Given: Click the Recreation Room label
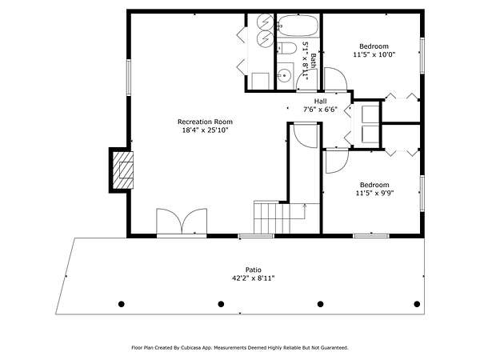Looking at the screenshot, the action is [205, 122].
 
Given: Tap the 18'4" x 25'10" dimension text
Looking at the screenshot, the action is [205, 130].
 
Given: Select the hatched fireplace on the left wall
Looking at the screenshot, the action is [123, 170].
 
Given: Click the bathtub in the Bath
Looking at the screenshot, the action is [298, 26].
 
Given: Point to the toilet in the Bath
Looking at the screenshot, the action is [287, 48].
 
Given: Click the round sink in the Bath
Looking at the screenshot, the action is [286, 75].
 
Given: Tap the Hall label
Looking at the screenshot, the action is [320, 101].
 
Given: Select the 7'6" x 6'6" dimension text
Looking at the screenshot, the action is [320, 110].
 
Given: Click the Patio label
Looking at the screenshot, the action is [254, 270].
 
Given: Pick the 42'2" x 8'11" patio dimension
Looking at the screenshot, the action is [253, 278].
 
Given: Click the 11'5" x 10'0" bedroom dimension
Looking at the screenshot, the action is [374, 54].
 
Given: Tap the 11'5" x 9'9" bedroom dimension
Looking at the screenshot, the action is [374, 193].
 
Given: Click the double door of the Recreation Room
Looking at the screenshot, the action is [182, 222].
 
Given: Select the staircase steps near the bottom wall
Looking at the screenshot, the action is [272, 217].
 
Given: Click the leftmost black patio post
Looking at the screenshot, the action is [122, 304].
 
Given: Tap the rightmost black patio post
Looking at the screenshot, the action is [417, 304].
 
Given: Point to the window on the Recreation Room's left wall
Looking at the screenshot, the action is [129, 78].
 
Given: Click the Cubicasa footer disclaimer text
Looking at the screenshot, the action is [240, 348].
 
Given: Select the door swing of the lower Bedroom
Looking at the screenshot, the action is [337, 161].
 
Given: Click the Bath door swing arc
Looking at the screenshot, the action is [306, 80].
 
